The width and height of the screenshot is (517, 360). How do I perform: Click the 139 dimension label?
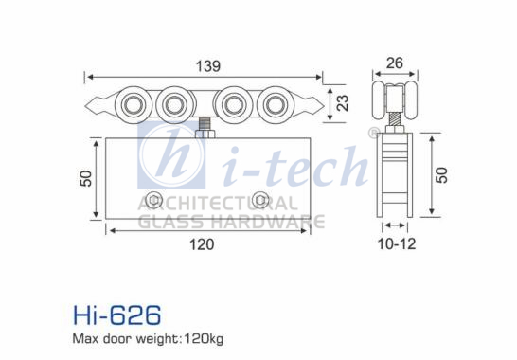tap(208, 66)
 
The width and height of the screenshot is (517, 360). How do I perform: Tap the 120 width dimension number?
tap(202, 244)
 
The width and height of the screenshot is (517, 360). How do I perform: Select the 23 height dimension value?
tap(343, 103)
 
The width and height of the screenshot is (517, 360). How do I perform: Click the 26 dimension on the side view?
tap(394, 63)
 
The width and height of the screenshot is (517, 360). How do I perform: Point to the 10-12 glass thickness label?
tap(397, 243)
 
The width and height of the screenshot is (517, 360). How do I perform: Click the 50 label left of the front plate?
tap(86, 178)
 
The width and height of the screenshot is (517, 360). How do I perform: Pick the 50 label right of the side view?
tap(442, 175)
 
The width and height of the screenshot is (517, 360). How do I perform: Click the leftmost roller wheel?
tap(133, 105)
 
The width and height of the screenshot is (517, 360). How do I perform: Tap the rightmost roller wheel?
tap(276, 105)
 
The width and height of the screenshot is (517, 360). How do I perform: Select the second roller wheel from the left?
tap(174, 105)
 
